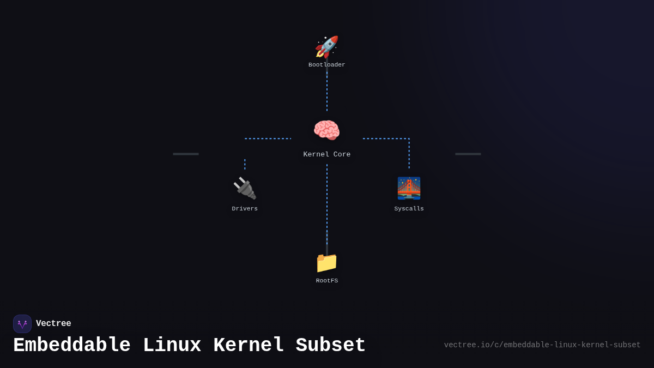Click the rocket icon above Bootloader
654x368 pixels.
[x=327, y=47]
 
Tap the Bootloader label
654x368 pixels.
[x=327, y=65]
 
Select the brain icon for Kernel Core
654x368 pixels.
[x=326, y=131]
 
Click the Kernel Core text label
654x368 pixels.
[x=327, y=155]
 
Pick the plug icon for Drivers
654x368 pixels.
[x=245, y=188]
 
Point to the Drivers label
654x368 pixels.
[x=245, y=209]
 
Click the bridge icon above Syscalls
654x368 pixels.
[x=409, y=188]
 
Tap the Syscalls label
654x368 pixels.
[x=409, y=209]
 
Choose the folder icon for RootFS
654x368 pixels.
[x=326, y=262]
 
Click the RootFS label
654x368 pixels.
[x=327, y=281]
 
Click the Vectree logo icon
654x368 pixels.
[x=22, y=324]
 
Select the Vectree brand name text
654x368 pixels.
[x=53, y=324]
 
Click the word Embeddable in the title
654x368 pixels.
[x=72, y=346]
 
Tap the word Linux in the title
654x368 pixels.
[x=172, y=346]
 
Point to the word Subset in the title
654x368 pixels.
[x=331, y=346]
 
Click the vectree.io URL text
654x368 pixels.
[x=542, y=345]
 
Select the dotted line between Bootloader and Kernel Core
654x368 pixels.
[x=327, y=90]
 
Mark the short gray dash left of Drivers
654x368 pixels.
[x=186, y=154]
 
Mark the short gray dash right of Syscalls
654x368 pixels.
[x=468, y=154]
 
